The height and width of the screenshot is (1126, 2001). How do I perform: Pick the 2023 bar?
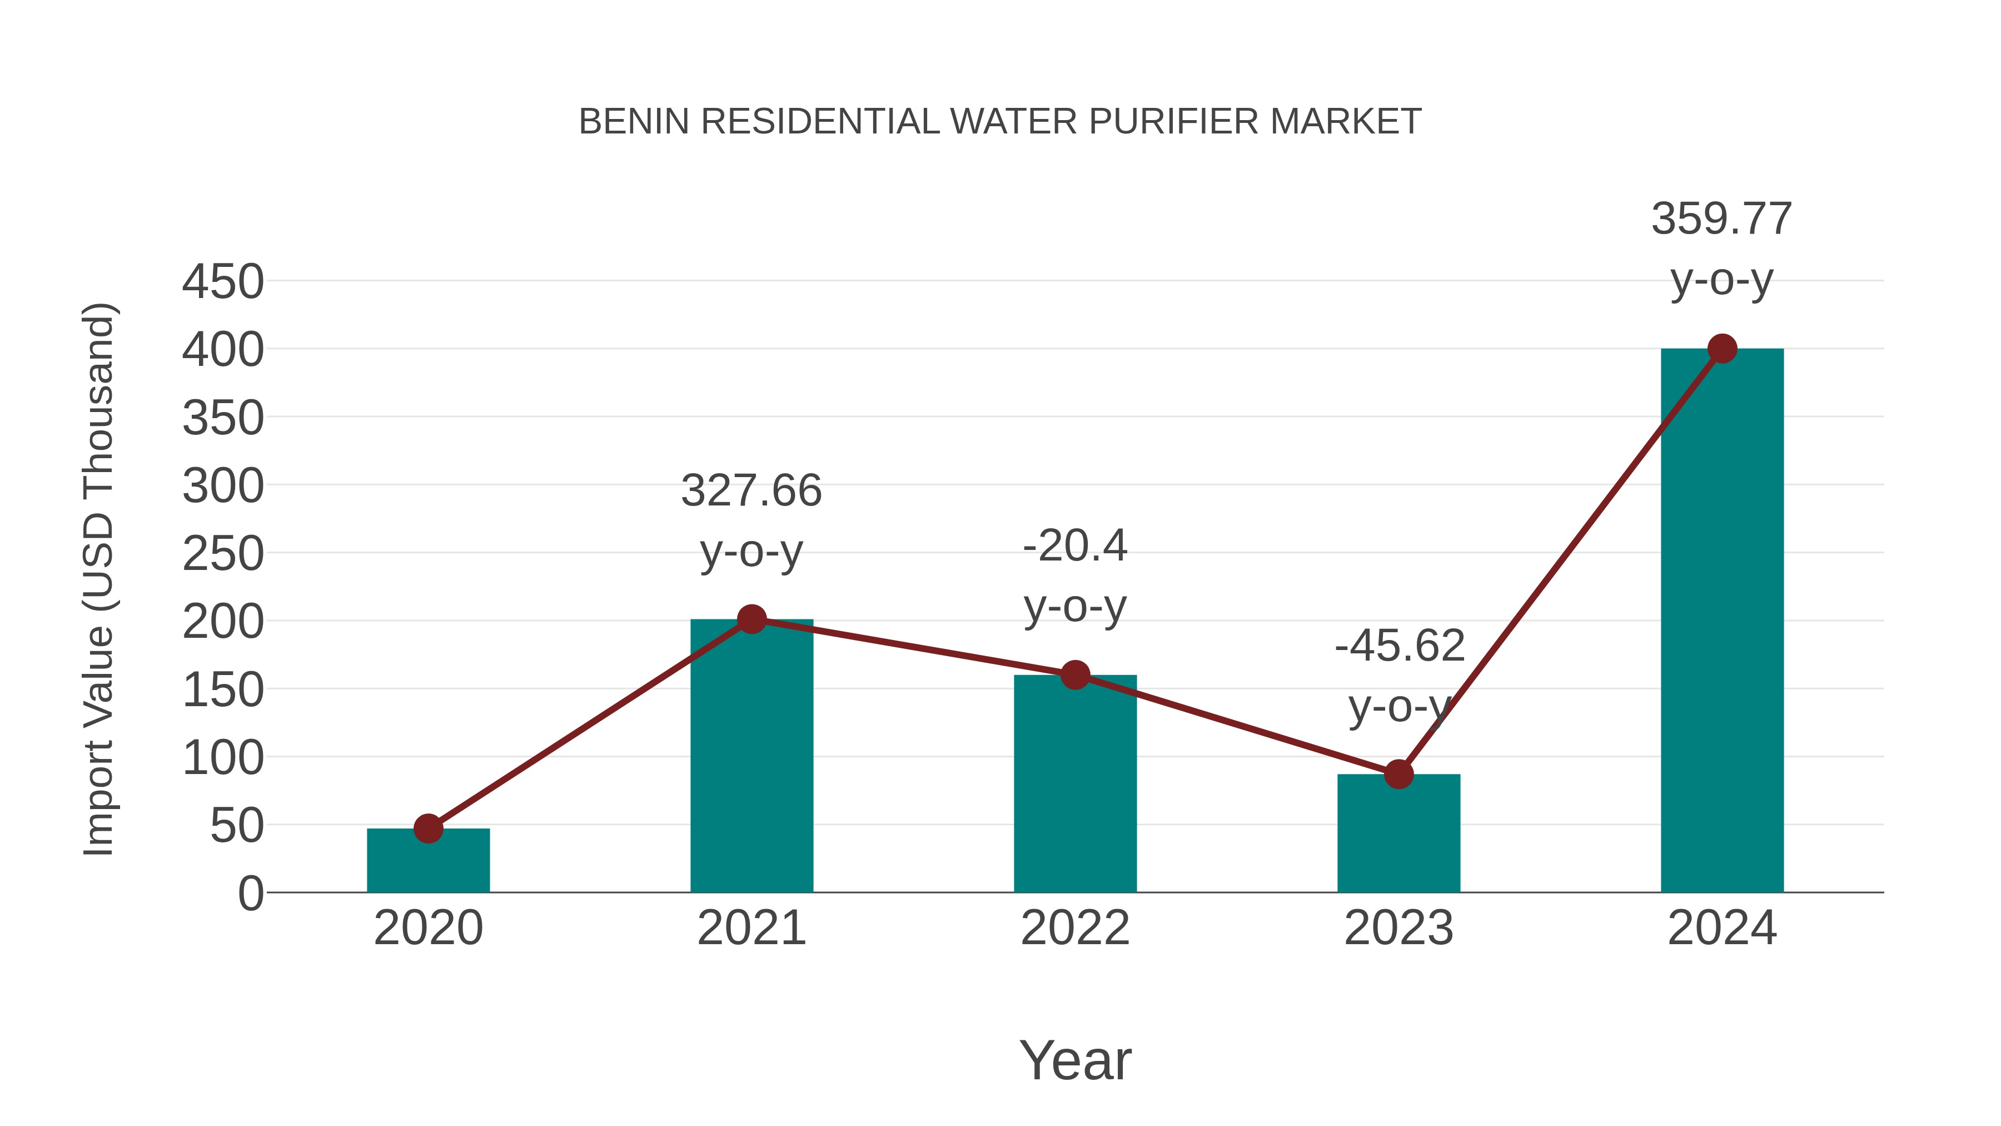point(1398,835)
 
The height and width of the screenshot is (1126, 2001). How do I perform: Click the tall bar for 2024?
point(1721,622)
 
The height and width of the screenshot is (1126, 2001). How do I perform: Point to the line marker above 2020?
point(428,829)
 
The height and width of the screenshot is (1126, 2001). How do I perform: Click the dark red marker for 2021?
point(751,619)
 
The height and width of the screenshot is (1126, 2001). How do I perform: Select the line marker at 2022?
point(1074,675)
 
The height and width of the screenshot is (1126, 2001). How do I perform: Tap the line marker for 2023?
point(1398,774)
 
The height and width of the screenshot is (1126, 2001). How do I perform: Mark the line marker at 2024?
point(1722,349)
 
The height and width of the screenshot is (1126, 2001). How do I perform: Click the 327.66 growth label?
point(751,491)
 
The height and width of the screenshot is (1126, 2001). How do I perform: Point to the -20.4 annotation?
point(1074,546)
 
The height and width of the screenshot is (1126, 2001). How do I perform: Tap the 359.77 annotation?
point(1721,219)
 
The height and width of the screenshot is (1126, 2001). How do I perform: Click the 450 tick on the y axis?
point(223,282)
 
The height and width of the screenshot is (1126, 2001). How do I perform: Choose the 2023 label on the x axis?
point(1398,928)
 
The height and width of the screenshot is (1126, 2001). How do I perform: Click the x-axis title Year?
point(1075,1060)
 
